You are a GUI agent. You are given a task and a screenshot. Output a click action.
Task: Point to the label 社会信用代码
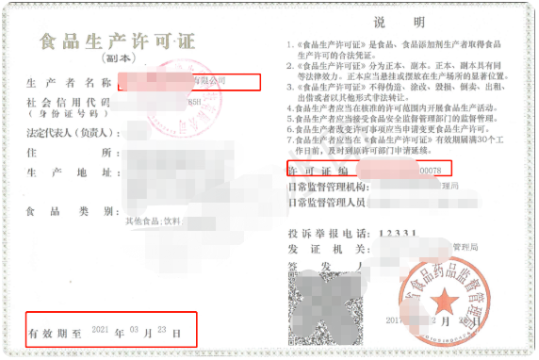click(x=70, y=101)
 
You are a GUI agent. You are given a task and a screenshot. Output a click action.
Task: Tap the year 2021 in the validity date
click(x=101, y=332)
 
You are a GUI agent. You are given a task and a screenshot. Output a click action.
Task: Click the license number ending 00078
click(x=433, y=169)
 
